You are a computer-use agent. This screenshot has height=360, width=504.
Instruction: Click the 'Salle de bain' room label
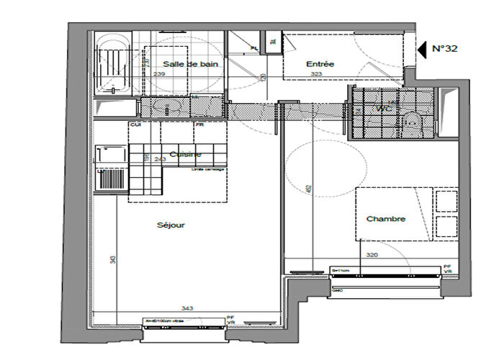tap(190, 64)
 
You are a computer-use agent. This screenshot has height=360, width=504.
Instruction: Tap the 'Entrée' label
tap(320, 64)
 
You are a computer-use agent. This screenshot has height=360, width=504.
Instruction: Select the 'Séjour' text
tap(171, 225)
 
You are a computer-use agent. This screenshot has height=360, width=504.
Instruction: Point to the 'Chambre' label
tap(386, 219)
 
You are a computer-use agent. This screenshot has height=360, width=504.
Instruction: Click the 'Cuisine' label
tap(186, 154)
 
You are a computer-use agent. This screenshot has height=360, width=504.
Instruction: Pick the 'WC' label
tap(382, 109)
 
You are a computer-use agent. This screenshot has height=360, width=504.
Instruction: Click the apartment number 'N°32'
tap(444, 49)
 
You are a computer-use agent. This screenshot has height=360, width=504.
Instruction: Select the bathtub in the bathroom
tap(112, 65)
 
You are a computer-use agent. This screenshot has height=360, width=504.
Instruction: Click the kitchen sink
tap(110, 155)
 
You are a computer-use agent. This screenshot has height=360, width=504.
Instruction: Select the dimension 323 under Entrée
tap(315, 74)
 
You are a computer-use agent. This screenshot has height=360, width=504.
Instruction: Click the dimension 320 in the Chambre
tap(372, 255)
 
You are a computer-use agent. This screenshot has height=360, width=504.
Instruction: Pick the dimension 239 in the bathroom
tap(159, 74)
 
